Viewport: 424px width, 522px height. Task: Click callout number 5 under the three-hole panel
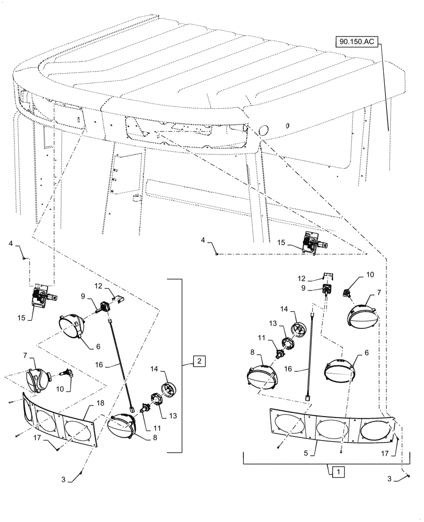tap(305, 454)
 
